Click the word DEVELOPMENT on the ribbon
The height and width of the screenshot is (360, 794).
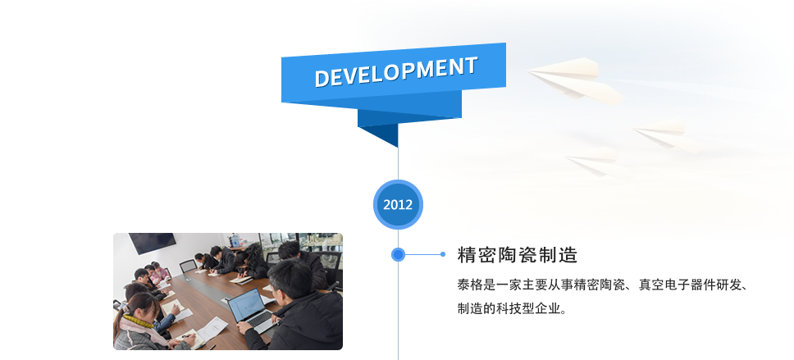click(396, 72)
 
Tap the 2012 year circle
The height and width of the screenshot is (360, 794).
click(398, 204)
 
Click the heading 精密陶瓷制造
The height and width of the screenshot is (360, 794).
click(517, 255)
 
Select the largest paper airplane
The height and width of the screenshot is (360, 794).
click(575, 81)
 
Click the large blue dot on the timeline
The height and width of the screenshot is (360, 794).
click(398, 254)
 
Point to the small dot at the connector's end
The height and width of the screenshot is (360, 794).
click(443, 254)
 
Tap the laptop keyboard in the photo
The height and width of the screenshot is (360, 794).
click(259, 320)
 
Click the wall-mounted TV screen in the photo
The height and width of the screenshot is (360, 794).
click(152, 243)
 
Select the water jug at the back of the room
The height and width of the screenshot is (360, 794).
click(235, 239)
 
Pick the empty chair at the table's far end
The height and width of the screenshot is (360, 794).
click(188, 266)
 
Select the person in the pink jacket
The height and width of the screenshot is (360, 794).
click(159, 273)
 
